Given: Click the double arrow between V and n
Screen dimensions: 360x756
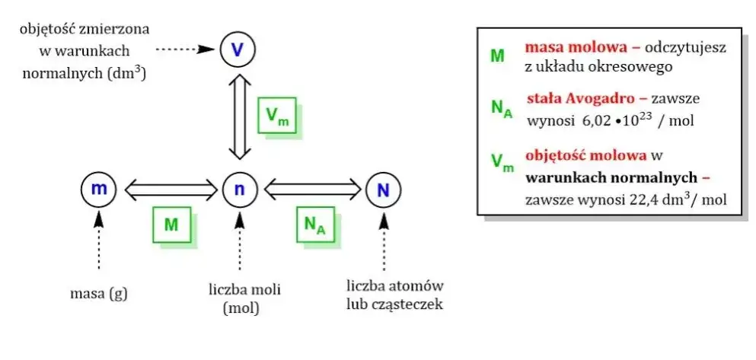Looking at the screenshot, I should (239, 116).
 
